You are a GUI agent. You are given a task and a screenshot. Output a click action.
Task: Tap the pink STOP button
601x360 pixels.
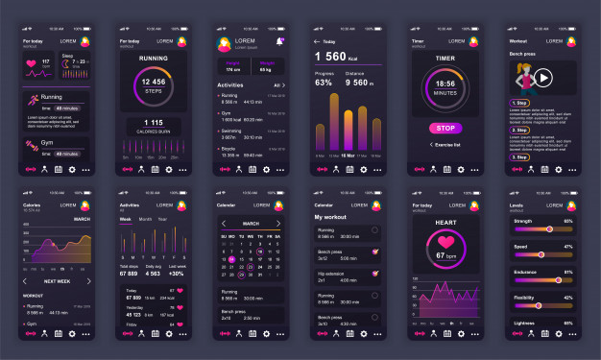(445, 128)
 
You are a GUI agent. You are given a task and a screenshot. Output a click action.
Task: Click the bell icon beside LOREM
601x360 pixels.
(280, 41)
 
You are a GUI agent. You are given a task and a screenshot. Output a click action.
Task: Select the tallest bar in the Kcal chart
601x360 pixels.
(348, 122)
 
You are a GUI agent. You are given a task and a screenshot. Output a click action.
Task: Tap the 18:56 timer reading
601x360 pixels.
(445, 84)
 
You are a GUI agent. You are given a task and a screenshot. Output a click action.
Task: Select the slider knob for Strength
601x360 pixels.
(548, 229)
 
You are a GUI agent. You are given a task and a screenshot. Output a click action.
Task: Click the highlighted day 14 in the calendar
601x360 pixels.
(231, 259)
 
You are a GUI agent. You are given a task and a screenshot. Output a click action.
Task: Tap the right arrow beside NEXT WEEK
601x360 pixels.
(88, 281)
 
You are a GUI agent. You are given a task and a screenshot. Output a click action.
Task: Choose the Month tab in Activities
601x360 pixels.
(145, 219)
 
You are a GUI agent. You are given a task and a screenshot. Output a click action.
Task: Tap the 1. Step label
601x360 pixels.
(519, 103)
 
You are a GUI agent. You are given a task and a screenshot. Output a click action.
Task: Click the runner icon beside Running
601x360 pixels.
(34, 100)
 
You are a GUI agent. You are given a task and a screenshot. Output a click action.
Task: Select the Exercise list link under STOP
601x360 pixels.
(447, 145)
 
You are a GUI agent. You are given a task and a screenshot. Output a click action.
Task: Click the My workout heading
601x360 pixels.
(332, 217)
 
